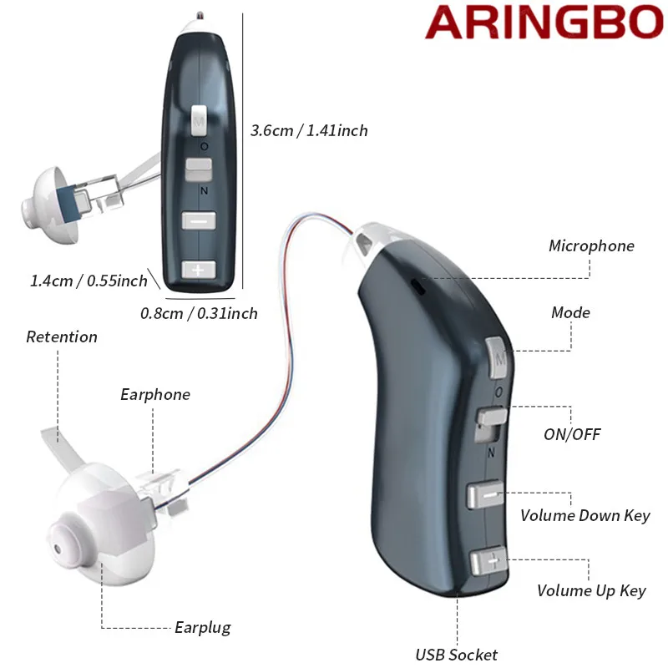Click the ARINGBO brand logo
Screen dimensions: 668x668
coord(544,23)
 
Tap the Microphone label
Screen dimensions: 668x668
coord(591,246)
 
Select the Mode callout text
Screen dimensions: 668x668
coord(570,313)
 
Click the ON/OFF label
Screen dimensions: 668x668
coord(572,434)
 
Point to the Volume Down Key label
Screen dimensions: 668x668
coord(584,515)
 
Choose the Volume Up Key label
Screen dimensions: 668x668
coord(591,591)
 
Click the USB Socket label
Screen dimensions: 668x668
coord(457,655)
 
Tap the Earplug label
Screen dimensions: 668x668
coord(203,628)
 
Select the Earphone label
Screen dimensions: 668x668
coord(155,395)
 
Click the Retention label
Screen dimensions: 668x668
coord(62,337)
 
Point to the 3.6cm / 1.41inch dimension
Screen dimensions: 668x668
coord(309,130)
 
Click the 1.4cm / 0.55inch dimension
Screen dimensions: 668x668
coord(89,281)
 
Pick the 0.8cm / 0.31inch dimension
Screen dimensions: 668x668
coord(199,314)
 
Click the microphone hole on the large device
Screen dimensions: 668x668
coord(419,287)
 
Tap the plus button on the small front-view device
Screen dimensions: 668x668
coord(198,270)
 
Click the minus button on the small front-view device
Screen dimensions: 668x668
coord(199,221)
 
